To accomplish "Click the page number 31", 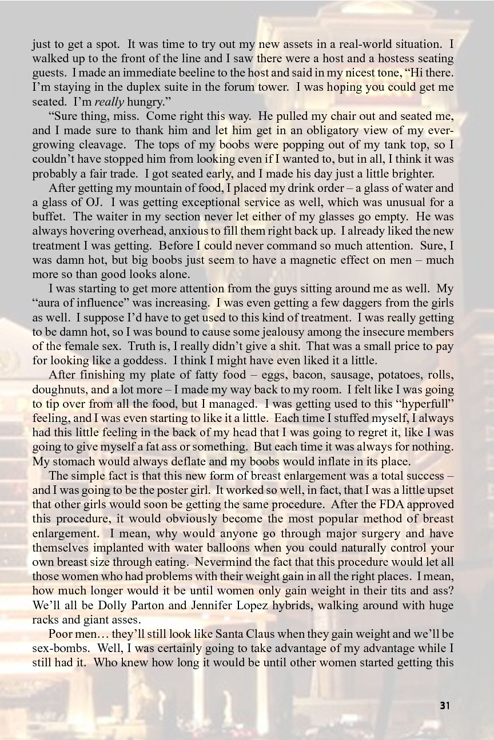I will click(445, 706).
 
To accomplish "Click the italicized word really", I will click(108, 102).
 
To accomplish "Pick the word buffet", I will click(47, 216).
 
